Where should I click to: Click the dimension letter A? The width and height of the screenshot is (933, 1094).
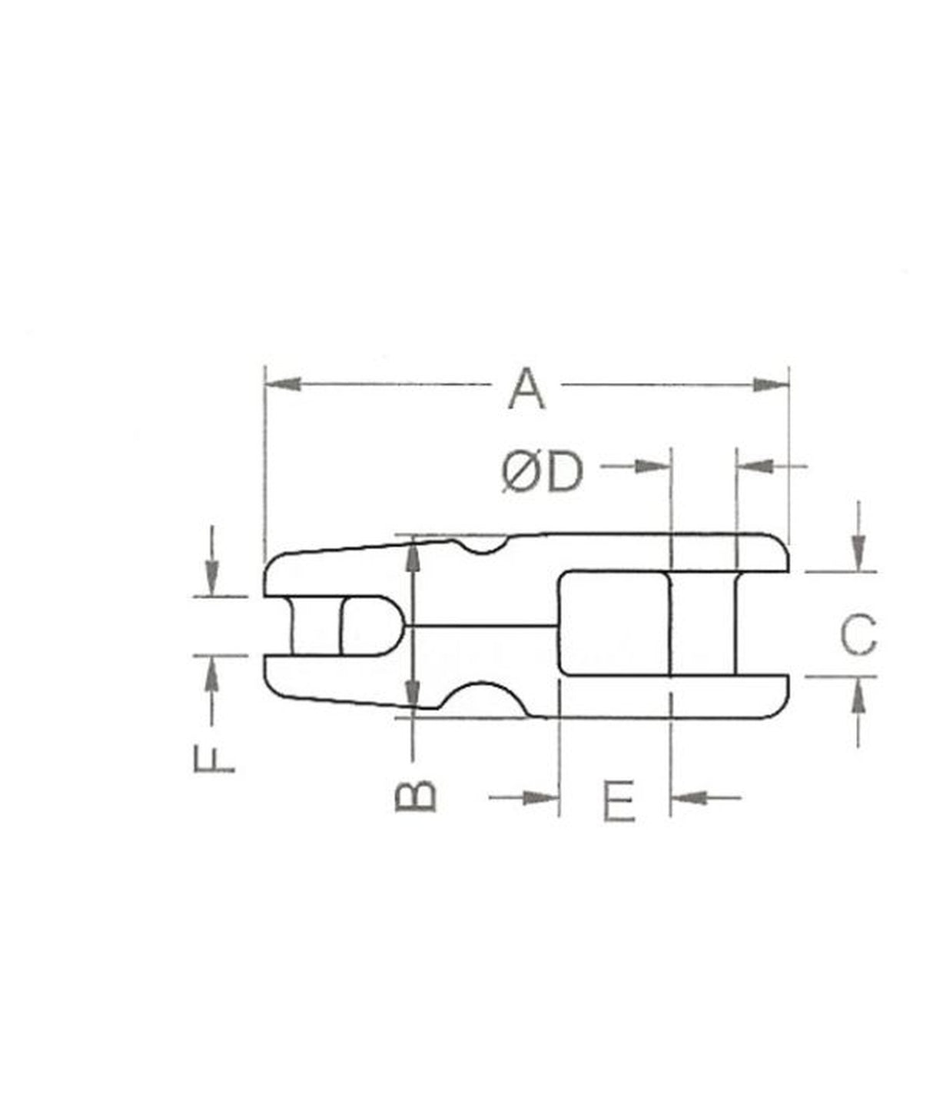point(526,389)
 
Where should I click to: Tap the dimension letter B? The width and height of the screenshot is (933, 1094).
point(416,796)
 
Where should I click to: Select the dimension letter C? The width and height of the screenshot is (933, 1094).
point(858,635)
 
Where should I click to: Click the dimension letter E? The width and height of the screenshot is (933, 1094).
point(619,800)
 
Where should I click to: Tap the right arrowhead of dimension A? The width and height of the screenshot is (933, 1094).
point(772,384)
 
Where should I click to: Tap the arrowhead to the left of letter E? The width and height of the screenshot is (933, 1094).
point(540,797)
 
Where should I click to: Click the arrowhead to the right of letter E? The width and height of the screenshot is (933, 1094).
point(689,797)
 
